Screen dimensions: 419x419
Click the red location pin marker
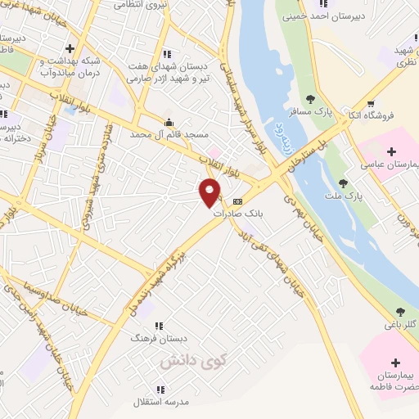(x=211, y=191)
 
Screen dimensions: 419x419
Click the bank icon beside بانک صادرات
(x=238, y=201)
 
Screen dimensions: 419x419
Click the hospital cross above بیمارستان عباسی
(x=391, y=151)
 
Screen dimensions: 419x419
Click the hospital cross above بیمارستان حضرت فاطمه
(x=396, y=362)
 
